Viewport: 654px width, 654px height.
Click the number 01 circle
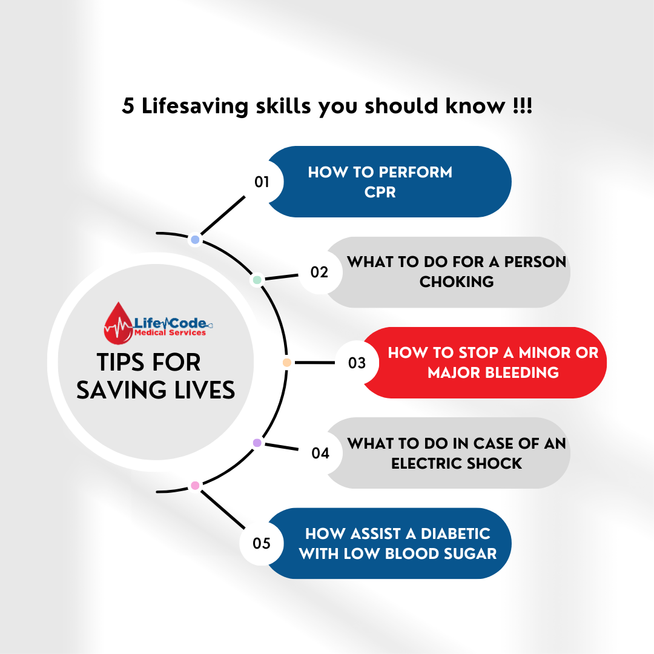pyautogui.click(x=262, y=182)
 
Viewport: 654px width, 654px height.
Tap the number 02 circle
pyautogui.click(x=319, y=272)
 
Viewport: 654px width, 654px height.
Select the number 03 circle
pyautogui.click(x=357, y=363)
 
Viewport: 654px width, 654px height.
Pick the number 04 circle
pyautogui.click(x=320, y=452)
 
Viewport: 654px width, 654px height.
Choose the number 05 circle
pyautogui.click(x=262, y=543)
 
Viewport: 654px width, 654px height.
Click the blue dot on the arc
pyautogui.click(x=195, y=240)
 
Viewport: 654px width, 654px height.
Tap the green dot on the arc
pyautogui.click(x=257, y=280)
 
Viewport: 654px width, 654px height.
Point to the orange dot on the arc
pyautogui.click(x=287, y=363)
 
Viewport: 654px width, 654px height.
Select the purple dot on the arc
pyautogui.click(x=257, y=443)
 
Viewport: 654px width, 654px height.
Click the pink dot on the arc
pyautogui.click(x=195, y=485)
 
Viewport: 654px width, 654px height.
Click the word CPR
pyautogui.click(x=380, y=192)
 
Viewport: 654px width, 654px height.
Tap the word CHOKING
pyautogui.click(x=457, y=282)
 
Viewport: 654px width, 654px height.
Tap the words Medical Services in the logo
pyautogui.click(x=170, y=332)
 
